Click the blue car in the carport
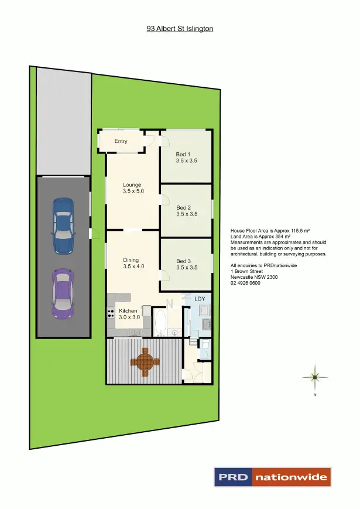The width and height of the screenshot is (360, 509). (63, 226)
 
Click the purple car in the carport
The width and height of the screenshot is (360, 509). (63, 293)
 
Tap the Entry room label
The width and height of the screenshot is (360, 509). (121, 141)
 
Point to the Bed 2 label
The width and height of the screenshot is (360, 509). (187, 211)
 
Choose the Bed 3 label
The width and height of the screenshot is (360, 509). (187, 265)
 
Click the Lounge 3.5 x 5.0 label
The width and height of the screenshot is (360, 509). (133, 188)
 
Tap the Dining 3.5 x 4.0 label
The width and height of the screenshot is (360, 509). (133, 263)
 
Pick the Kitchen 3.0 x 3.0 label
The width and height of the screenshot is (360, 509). (128, 313)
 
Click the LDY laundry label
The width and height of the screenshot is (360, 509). (200, 299)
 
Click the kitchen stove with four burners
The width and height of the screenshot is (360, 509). (111, 313)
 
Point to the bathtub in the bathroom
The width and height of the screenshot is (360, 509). (160, 322)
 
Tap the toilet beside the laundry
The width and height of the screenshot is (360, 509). (204, 346)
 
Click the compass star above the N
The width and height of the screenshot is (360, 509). (314, 377)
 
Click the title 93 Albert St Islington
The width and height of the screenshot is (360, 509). (180, 28)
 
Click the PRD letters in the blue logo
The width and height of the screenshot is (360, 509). (233, 477)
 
